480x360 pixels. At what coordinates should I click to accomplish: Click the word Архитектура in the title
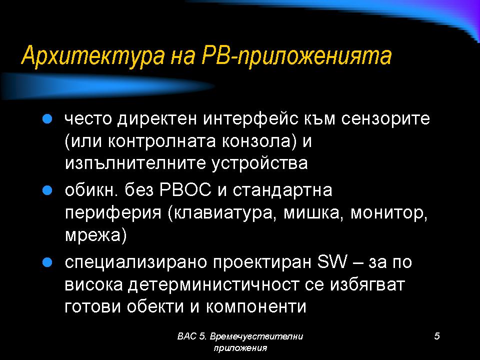point(93,55)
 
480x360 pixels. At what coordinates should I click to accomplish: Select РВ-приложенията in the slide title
point(296,55)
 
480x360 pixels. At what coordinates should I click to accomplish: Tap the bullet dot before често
point(47,119)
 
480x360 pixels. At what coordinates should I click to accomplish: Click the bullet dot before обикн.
point(47,190)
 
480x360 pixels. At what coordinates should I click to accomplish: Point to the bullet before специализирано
point(47,262)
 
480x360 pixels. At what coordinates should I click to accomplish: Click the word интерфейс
point(250,119)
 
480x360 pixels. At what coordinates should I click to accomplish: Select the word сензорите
point(385,119)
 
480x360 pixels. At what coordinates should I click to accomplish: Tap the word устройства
point(259,163)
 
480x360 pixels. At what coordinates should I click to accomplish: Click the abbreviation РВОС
point(185,190)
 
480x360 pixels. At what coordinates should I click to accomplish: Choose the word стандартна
point(282,190)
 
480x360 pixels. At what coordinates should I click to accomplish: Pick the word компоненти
point(256,306)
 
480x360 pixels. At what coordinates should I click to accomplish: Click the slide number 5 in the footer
point(437,336)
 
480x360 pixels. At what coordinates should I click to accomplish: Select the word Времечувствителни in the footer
point(256,336)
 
